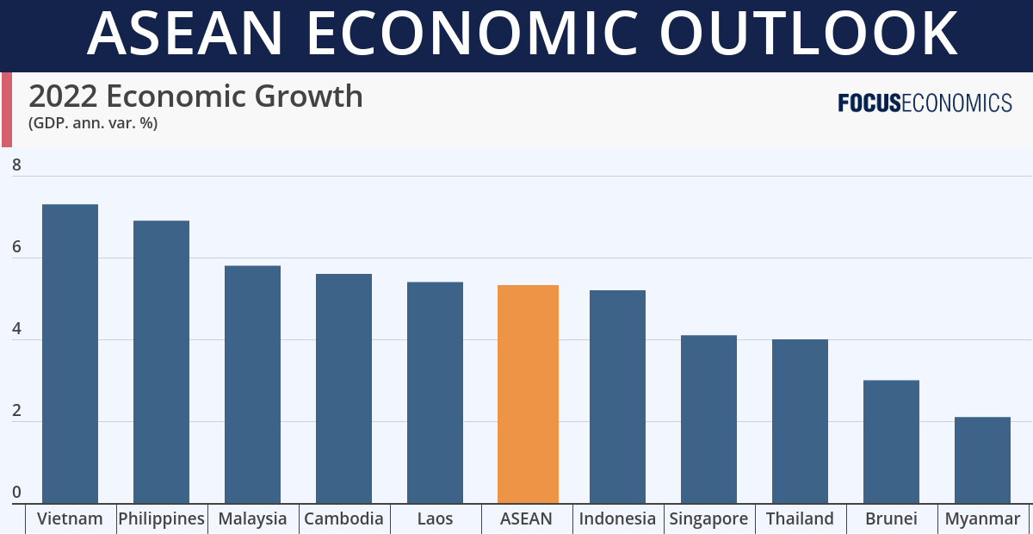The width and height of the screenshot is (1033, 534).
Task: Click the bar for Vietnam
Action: (x=70, y=353)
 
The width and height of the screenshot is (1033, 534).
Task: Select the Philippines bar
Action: (x=161, y=362)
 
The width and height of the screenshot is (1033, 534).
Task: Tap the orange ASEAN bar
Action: (x=528, y=394)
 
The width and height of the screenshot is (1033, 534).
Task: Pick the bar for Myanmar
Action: (x=982, y=460)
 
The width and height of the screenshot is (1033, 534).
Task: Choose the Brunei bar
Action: (x=891, y=441)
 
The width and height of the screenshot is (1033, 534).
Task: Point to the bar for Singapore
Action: (x=708, y=419)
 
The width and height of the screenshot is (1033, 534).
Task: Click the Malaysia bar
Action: (x=252, y=384)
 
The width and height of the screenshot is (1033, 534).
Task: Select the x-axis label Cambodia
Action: (x=343, y=518)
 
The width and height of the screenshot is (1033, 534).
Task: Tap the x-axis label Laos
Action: (x=435, y=518)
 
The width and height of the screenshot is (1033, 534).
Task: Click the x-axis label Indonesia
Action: (x=617, y=518)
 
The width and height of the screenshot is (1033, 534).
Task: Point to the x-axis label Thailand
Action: (x=800, y=518)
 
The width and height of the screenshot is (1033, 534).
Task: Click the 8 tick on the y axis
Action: (x=16, y=165)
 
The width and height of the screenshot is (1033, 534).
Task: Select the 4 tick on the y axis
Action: (x=16, y=329)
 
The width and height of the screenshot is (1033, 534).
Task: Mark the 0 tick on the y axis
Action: (x=16, y=493)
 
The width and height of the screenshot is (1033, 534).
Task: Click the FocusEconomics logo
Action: (x=925, y=103)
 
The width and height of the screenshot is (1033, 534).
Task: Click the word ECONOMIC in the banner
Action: (x=473, y=34)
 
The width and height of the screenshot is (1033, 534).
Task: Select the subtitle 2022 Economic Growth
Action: (x=195, y=96)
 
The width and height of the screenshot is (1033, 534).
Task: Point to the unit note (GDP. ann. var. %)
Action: (x=93, y=123)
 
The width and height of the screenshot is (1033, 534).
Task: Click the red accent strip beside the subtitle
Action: (x=6, y=109)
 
